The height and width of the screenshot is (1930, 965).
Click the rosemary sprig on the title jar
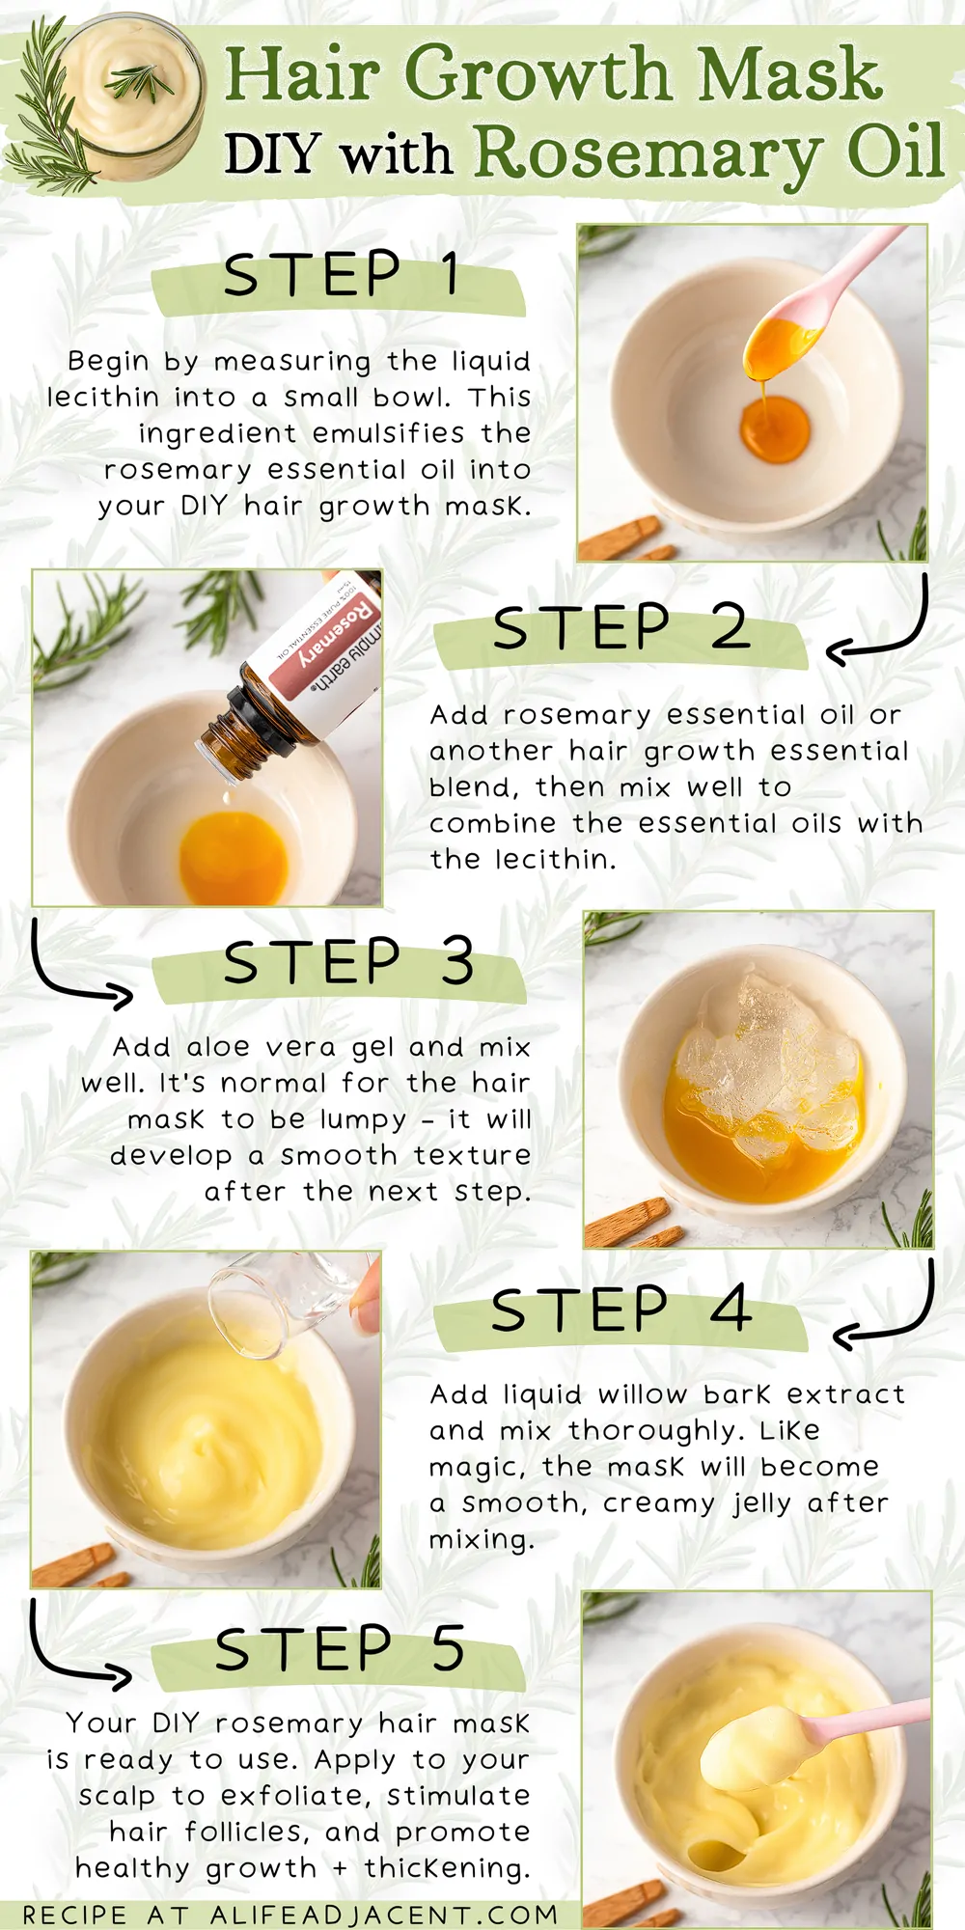141,82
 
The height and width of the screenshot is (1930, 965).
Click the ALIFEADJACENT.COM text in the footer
384,1915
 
